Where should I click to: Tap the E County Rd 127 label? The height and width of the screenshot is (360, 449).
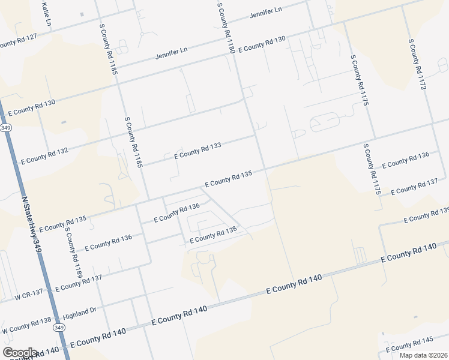click(19, 41)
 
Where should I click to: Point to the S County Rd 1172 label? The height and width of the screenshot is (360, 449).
click(417, 65)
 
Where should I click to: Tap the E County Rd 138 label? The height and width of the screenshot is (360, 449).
click(213, 235)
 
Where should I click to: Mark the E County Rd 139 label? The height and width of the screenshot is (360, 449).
click(427, 215)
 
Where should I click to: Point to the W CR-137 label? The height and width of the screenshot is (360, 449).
click(29, 294)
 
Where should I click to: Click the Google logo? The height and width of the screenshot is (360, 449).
click(19, 353)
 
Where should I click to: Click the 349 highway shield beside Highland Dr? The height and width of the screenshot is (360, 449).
click(59, 328)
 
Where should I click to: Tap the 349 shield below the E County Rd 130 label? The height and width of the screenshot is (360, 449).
click(5, 128)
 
